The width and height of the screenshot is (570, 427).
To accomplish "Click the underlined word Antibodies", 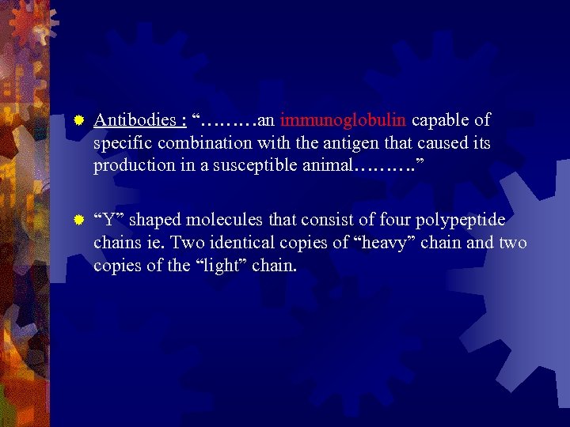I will click(x=135, y=121).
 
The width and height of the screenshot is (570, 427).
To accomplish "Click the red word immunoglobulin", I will click(x=343, y=120).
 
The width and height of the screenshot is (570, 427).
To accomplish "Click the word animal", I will click(x=327, y=166).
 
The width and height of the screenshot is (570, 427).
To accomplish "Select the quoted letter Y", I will click(x=103, y=219).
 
